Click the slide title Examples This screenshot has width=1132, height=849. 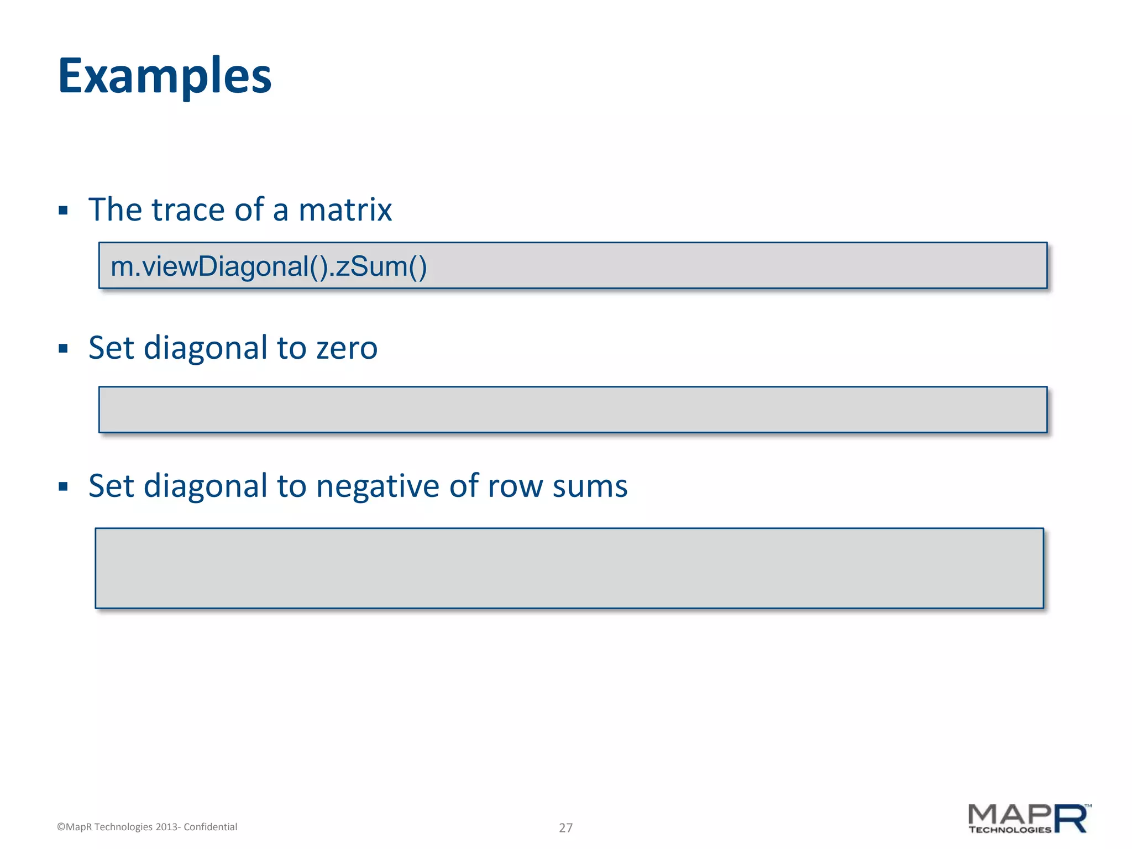[165, 76]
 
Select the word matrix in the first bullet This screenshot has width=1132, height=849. [345, 210]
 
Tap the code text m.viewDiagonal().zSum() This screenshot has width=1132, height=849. [269, 266]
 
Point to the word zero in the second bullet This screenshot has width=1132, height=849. [347, 348]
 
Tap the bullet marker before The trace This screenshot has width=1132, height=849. [63, 211]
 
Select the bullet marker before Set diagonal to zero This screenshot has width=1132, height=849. [63, 349]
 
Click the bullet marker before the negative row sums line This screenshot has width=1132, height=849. [63, 487]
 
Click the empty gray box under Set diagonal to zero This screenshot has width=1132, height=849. [573, 410]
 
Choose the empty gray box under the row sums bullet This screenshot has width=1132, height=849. [569, 568]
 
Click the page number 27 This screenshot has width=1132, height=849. [565, 827]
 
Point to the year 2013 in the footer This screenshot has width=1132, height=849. [166, 827]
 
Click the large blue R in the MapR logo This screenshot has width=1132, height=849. [1071, 819]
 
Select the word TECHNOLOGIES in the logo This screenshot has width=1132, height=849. [1009, 830]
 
